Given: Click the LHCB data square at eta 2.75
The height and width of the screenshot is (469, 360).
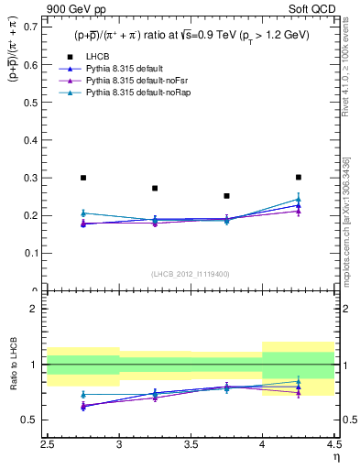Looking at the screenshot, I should point(83,178).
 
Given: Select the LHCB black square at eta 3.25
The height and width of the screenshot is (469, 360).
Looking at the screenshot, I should point(155,188).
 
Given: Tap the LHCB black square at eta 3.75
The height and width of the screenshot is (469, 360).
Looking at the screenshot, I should point(226,196).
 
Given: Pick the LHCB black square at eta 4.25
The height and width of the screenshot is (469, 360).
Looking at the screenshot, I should point(299,177).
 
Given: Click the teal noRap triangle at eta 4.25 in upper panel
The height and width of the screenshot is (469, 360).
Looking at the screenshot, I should point(299,199).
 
